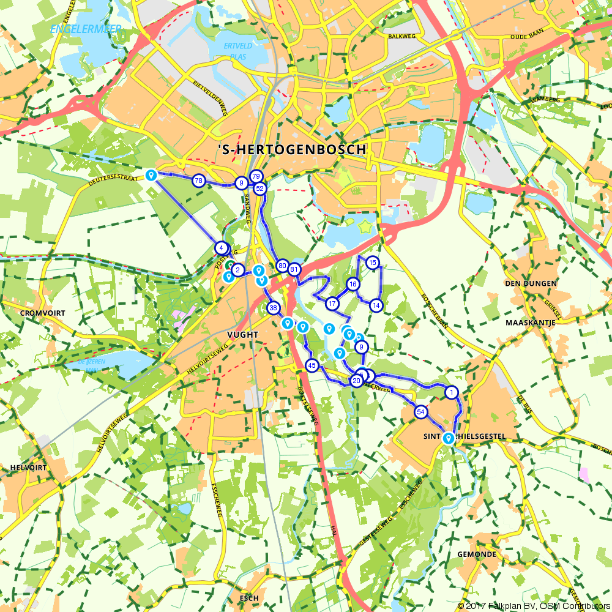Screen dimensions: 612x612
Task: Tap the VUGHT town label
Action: pos(243,335)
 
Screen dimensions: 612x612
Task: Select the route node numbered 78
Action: pos(198,181)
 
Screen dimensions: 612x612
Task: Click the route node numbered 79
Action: pos(256,177)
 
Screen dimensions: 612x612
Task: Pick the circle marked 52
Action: pos(259,189)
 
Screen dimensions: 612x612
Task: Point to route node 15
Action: pos(372,263)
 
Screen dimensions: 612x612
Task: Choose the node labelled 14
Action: pos(376,305)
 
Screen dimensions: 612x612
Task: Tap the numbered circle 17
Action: pos(332,304)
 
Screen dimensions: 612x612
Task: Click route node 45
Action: pos(312,366)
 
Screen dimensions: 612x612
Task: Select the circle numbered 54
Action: pos(420,412)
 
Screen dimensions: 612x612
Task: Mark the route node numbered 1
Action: pos(452,392)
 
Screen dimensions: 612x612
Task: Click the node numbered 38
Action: pos(274,308)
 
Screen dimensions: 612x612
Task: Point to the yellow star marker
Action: pos(367,226)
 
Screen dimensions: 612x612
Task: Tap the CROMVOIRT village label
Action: pos(38,312)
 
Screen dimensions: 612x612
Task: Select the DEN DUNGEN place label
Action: pos(531,283)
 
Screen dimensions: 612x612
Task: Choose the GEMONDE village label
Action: pos(477,554)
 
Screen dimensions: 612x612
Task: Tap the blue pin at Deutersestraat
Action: pos(151,176)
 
